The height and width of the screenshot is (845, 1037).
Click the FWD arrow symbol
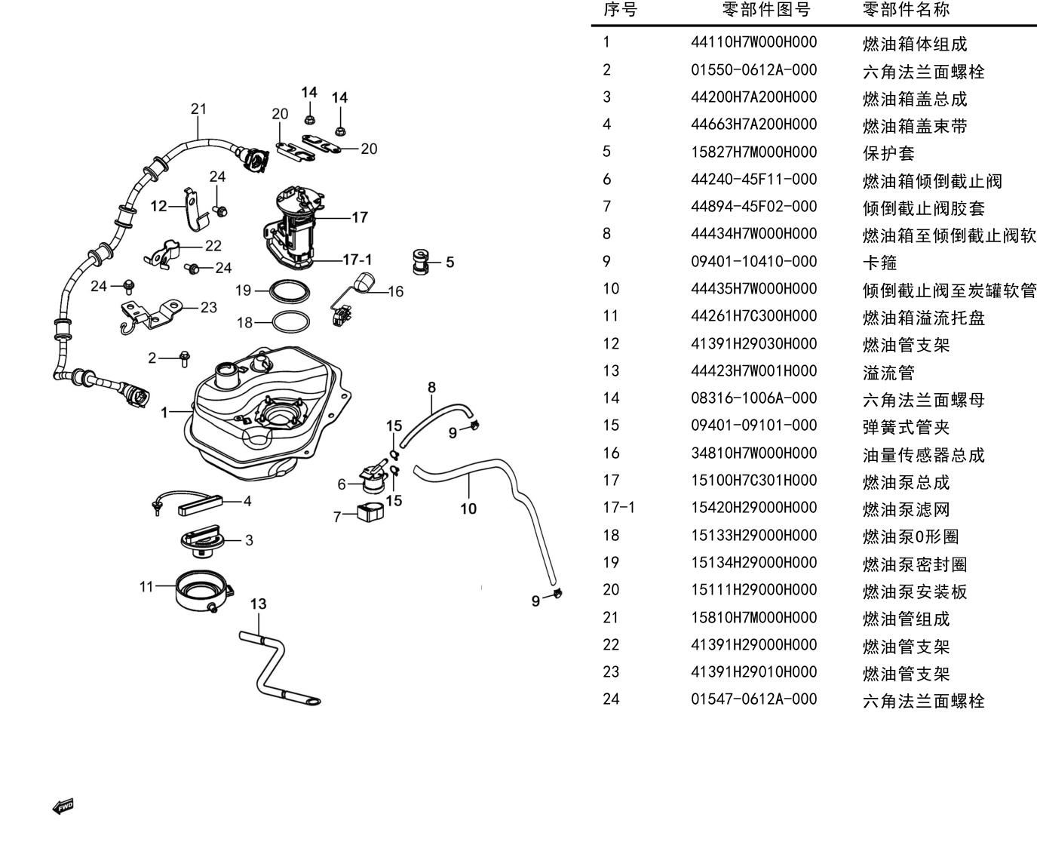(63, 807)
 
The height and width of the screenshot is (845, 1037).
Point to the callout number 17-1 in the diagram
(357, 259)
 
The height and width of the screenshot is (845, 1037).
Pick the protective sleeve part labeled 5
(421, 262)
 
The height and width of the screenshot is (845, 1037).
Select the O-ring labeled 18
(290, 322)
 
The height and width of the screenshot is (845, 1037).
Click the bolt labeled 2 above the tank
(184, 358)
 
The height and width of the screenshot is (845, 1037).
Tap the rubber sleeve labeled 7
(370, 512)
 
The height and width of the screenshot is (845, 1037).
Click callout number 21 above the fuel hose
(198, 109)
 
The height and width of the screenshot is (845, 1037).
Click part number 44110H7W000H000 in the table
(753, 42)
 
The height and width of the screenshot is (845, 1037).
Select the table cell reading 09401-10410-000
(753, 262)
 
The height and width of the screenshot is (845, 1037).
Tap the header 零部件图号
(766, 9)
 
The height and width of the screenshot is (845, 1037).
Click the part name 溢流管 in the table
(888, 373)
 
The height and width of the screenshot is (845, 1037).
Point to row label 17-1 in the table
(618, 508)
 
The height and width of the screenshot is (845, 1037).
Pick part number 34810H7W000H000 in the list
(753, 453)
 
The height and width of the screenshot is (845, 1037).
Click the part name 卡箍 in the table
(879, 263)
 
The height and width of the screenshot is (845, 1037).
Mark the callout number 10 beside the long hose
(468, 509)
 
